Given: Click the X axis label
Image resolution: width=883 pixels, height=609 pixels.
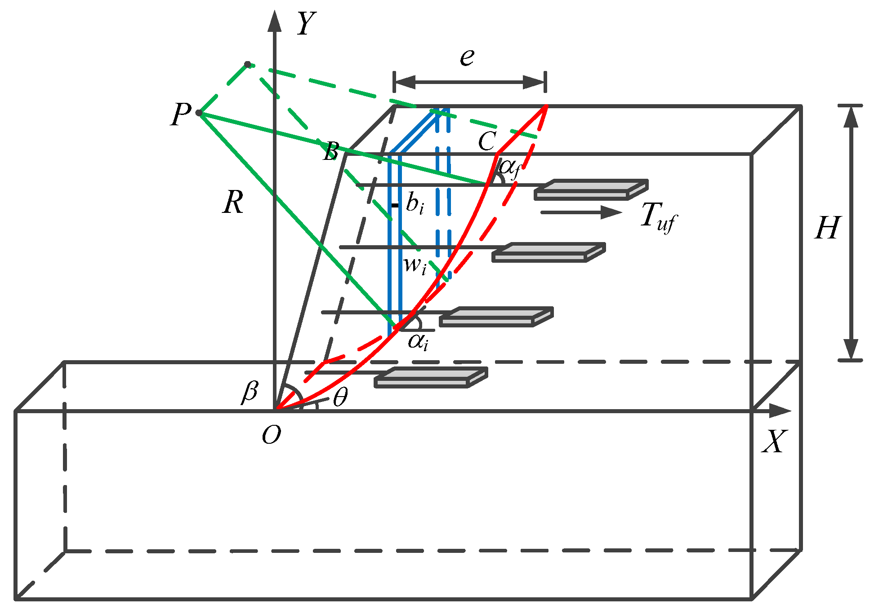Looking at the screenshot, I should [774, 441].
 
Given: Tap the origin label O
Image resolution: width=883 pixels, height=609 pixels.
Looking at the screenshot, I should [271, 435].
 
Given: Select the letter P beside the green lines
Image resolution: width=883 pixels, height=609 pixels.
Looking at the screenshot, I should [181, 114].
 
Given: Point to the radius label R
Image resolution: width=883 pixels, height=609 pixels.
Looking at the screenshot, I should [233, 203].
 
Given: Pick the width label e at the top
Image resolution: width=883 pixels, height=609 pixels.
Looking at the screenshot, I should [467, 57].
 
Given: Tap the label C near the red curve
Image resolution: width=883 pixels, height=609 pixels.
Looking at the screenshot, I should [487, 142].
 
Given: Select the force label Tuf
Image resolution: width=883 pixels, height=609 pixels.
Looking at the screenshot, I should [658, 217].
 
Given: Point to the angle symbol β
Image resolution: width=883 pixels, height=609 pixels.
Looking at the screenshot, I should [250, 391].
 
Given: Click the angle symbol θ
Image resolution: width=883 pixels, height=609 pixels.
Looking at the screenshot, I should [340, 397].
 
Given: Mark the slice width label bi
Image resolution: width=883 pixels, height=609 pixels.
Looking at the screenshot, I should [415, 203].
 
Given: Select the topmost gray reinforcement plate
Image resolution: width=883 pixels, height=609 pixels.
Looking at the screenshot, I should [591, 190].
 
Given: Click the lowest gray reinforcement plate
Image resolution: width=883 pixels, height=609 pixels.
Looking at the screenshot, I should [431, 377].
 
